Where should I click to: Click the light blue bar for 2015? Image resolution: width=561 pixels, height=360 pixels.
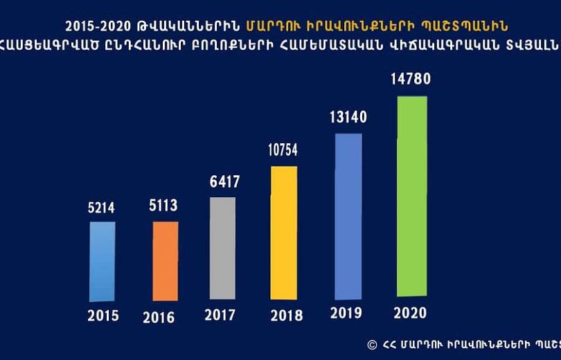click(x=103, y=262)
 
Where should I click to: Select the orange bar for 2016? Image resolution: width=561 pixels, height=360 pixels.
click(x=165, y=262)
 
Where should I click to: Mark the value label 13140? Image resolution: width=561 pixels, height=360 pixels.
click(x=348, y=116)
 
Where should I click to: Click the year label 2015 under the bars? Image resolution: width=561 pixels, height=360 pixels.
click(x=103, y=316)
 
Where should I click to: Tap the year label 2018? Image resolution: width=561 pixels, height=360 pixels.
click(x=286, y=316)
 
